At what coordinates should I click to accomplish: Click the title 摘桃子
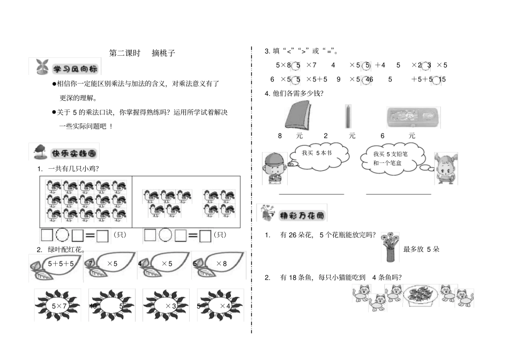pyautogui.click(x=163, y=53)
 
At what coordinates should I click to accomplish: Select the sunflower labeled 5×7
pyautogui.click(x=57, y=305)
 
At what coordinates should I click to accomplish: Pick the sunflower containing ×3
pyautogui.click(x=167, y=305)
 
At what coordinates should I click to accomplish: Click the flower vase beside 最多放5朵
pyautogui.click(x=390, y=247)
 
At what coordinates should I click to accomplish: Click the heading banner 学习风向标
pyautogui.click(x=65, y=68)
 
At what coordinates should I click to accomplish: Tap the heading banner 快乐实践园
pyautogui.click(x=65, y=153)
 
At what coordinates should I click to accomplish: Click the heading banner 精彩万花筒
pyautogui.click(x=292, y=215)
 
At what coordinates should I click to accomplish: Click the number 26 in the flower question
pyautogui.click(x=292, y=235)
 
